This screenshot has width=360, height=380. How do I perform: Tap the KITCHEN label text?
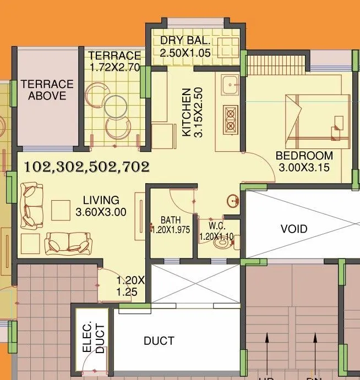point(186,112)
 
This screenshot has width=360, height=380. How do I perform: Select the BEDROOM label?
point(304,156)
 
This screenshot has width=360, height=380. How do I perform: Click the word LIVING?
point(101,200)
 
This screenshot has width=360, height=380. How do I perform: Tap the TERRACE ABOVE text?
point(47,90)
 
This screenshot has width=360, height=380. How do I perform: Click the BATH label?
point(171,221)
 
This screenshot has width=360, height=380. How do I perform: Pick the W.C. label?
point(215,225)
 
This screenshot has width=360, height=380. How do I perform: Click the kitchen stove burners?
point(230,117)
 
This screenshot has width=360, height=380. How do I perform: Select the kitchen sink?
point(230,85)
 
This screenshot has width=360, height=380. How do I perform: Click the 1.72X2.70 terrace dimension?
point(115,68)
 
